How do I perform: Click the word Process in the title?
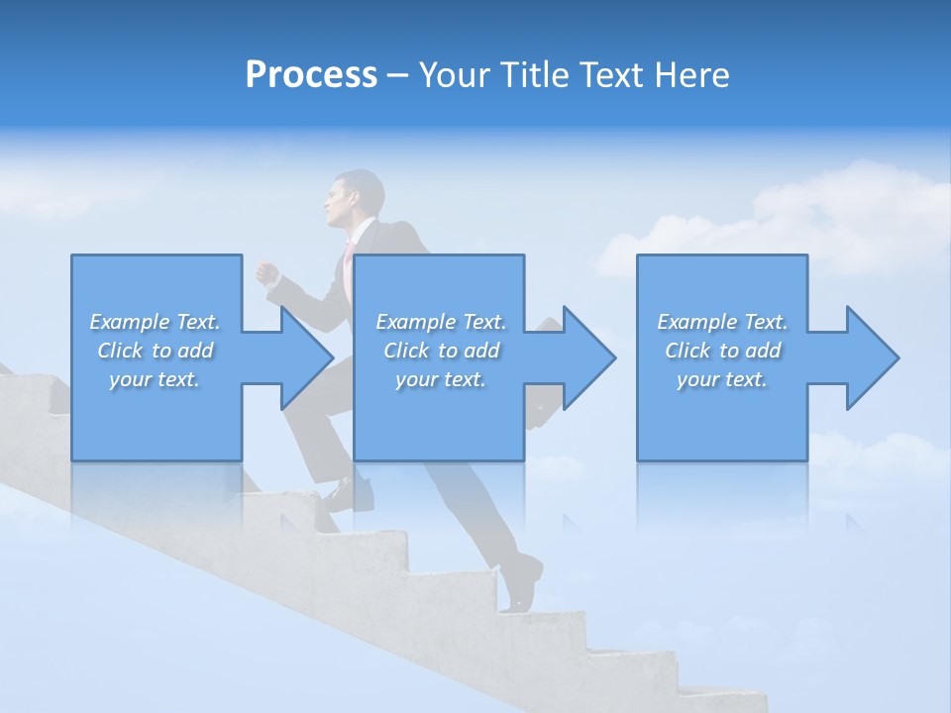click(311, 74)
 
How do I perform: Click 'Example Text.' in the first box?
click(155, 322)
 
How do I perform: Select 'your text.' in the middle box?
click(440, 379)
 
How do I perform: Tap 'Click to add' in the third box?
click(723, 351)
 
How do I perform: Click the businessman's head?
click(355, 198)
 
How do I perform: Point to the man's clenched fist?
click(266, 273)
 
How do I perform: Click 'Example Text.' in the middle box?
click(440, 322)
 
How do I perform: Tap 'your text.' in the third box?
click(722, 379)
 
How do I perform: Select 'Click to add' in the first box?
click(156, 351)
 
